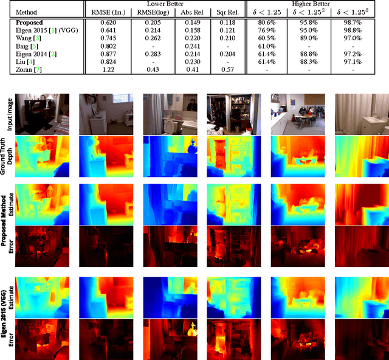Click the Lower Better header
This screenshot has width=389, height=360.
(165, 4)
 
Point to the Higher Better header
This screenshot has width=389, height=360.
(308, 4)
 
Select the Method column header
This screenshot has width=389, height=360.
(26, 12)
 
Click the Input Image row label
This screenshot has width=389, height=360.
(9, 114)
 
